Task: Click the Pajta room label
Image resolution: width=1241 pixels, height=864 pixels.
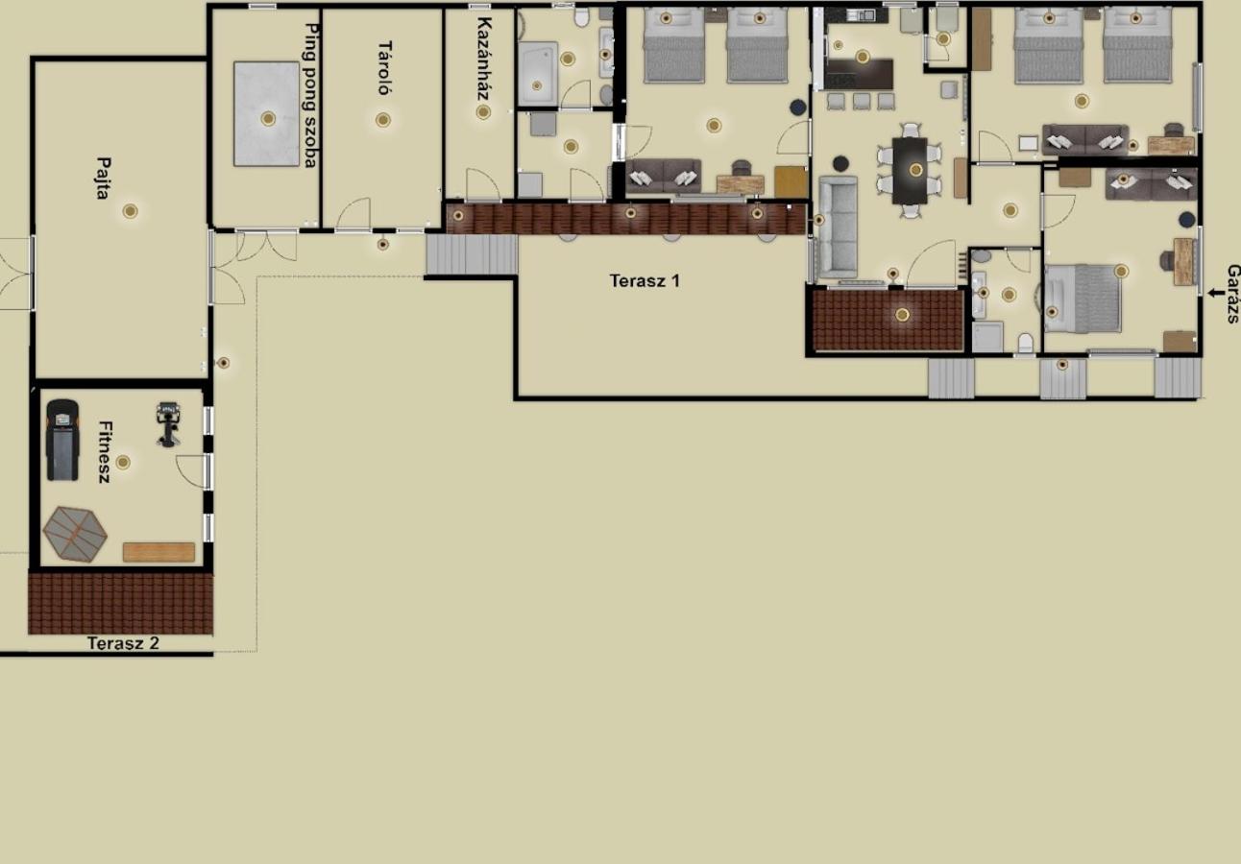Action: point(104,178)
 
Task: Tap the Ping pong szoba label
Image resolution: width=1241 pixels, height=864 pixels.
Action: point(312,95)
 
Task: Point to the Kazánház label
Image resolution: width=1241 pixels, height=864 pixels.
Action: point(484,59)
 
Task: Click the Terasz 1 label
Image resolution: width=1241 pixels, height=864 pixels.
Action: point(645,280)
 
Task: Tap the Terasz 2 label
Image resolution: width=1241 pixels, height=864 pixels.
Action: point(123,643)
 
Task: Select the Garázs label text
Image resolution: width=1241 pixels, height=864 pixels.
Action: point(1233,294)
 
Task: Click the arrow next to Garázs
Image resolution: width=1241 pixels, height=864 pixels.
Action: point(1215,293)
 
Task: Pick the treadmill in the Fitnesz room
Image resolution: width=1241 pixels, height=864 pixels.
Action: point(62,440)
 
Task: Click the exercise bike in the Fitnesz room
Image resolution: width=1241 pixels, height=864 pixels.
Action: point(168,424)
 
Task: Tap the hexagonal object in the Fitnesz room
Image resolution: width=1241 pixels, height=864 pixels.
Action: point(75,534)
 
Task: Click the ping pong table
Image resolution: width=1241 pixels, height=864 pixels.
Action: point(266,113)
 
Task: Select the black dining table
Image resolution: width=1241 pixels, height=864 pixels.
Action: point(910,171)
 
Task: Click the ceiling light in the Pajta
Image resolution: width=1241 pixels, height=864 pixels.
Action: point(131,211)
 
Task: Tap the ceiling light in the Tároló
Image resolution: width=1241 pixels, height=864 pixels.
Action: point(383,120)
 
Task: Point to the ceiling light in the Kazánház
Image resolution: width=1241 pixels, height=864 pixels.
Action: point(483,112)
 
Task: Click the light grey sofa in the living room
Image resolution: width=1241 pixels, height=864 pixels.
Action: point(838,228)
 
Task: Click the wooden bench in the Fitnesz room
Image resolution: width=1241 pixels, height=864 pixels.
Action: point(158,552)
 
